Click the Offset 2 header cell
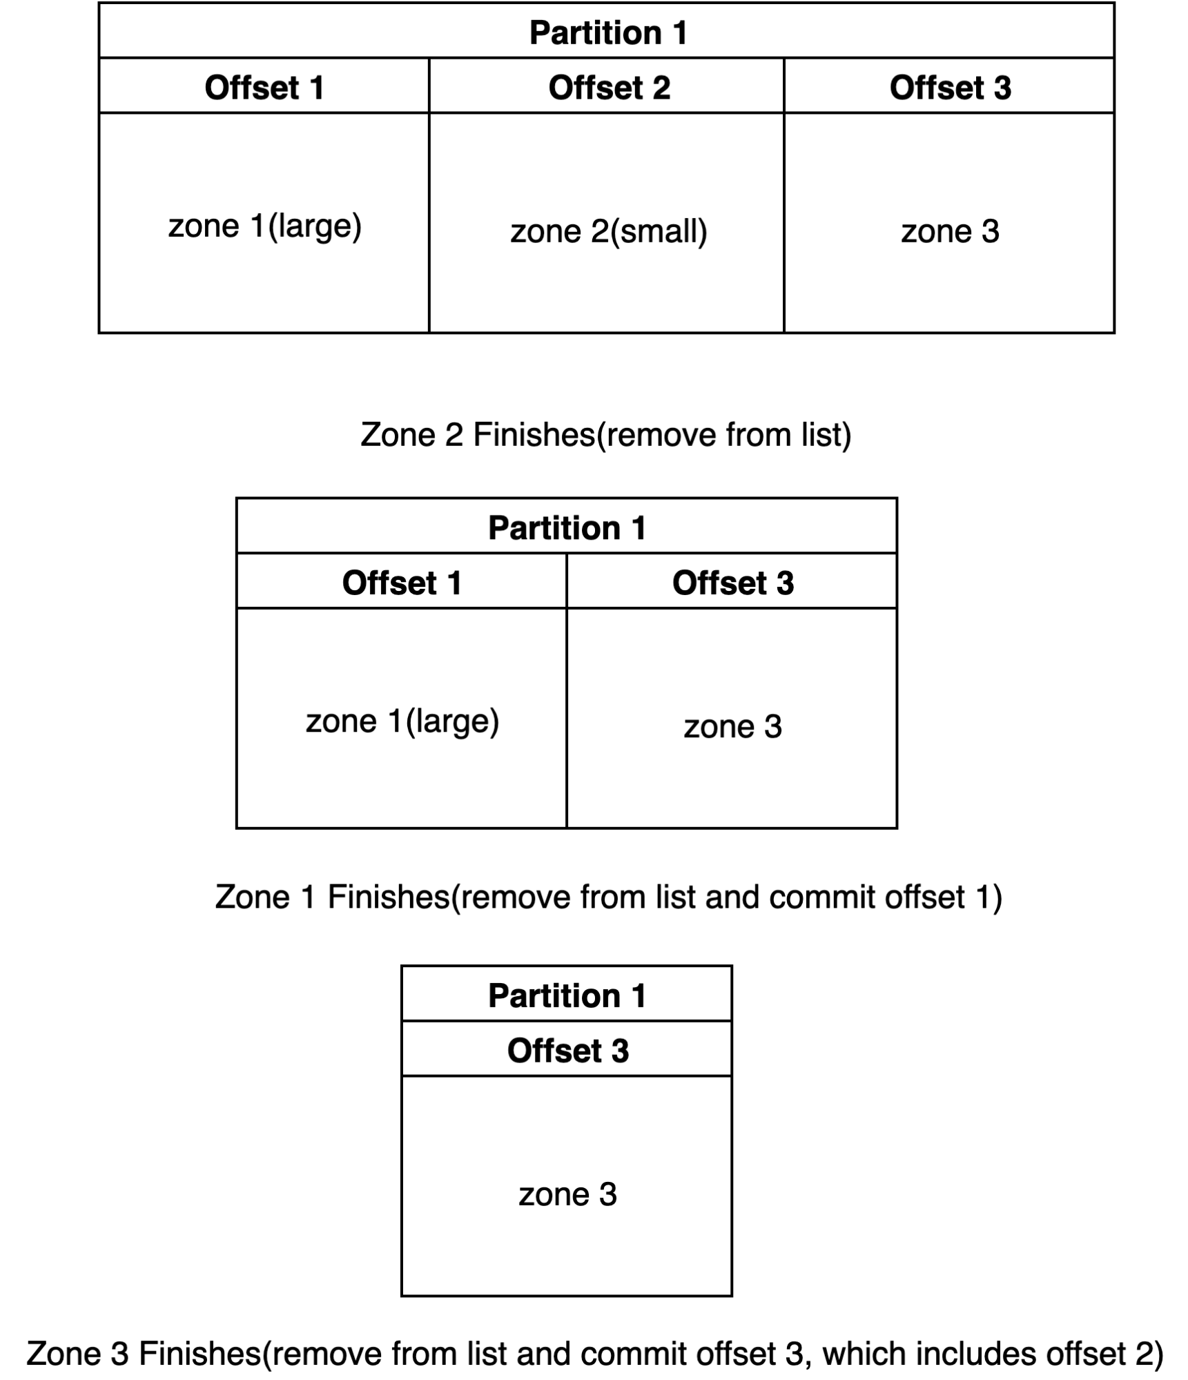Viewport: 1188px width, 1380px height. click(x=607, y=86)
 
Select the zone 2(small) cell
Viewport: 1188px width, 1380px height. click(x=607, y=223)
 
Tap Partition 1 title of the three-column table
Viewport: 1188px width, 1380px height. click(x=607, y=31)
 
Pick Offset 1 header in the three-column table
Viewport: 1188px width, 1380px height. click(x=264, y=86)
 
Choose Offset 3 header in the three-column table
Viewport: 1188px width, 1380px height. click(x=950, y=86)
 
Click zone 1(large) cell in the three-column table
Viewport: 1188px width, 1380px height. click(x=264, y=223)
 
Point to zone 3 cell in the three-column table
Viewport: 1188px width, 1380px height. click(x=950, y=223)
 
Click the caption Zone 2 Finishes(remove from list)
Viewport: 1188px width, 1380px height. click(x=606, y=435)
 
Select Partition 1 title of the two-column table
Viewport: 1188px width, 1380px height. click(x=567, y=526)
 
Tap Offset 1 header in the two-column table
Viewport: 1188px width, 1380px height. click(x=402, y=581)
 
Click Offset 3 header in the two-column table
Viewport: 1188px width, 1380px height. click(x=732, y=581)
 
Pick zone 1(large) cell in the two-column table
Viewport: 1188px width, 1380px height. click(x=402, y=718)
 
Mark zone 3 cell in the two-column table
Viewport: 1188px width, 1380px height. click(x=732, y=718)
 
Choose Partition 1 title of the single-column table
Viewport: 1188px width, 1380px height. click(x=567, y=993)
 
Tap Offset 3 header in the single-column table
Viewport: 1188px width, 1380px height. click(x=567, y=1049)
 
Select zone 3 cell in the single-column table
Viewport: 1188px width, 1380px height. click(x=567, y=1185)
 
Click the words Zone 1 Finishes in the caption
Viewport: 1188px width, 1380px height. click(x=332, y=897)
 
